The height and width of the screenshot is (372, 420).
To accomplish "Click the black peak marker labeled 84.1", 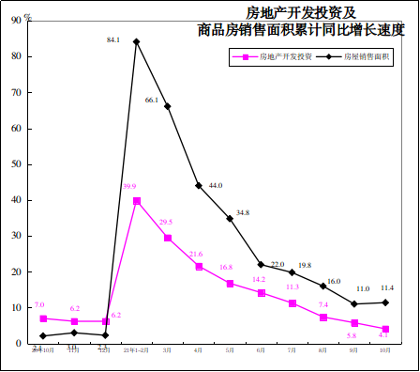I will [x=137, y=41].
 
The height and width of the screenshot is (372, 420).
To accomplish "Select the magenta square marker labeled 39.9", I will [x=137, y=200].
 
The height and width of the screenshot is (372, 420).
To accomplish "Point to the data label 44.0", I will [x=215, y=185].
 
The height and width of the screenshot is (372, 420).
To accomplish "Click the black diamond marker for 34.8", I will [x=230, y=219].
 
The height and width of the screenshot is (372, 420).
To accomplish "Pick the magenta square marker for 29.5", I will [x=168, y=238].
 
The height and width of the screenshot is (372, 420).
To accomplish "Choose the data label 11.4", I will [x=386, y=287].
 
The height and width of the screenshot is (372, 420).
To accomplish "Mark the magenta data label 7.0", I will [x=39, y=304].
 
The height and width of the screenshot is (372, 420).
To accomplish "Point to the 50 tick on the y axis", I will [x=17, y=164].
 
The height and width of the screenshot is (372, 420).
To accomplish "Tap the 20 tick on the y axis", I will [x=17, y=271].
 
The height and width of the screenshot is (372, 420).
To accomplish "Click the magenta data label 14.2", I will [x=259, y=279].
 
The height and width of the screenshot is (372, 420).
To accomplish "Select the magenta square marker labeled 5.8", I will [x=354, y=323].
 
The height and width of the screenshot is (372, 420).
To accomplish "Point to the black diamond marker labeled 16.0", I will [x=323, y=286].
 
